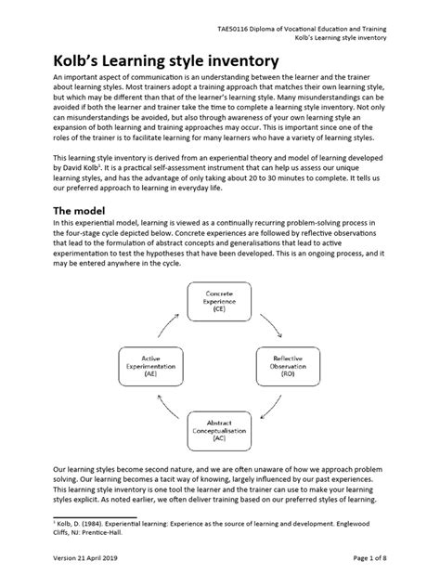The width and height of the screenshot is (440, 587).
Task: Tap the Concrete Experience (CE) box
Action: [x=219, y=300]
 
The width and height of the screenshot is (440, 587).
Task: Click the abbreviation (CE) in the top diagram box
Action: [x=219, y=309]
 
